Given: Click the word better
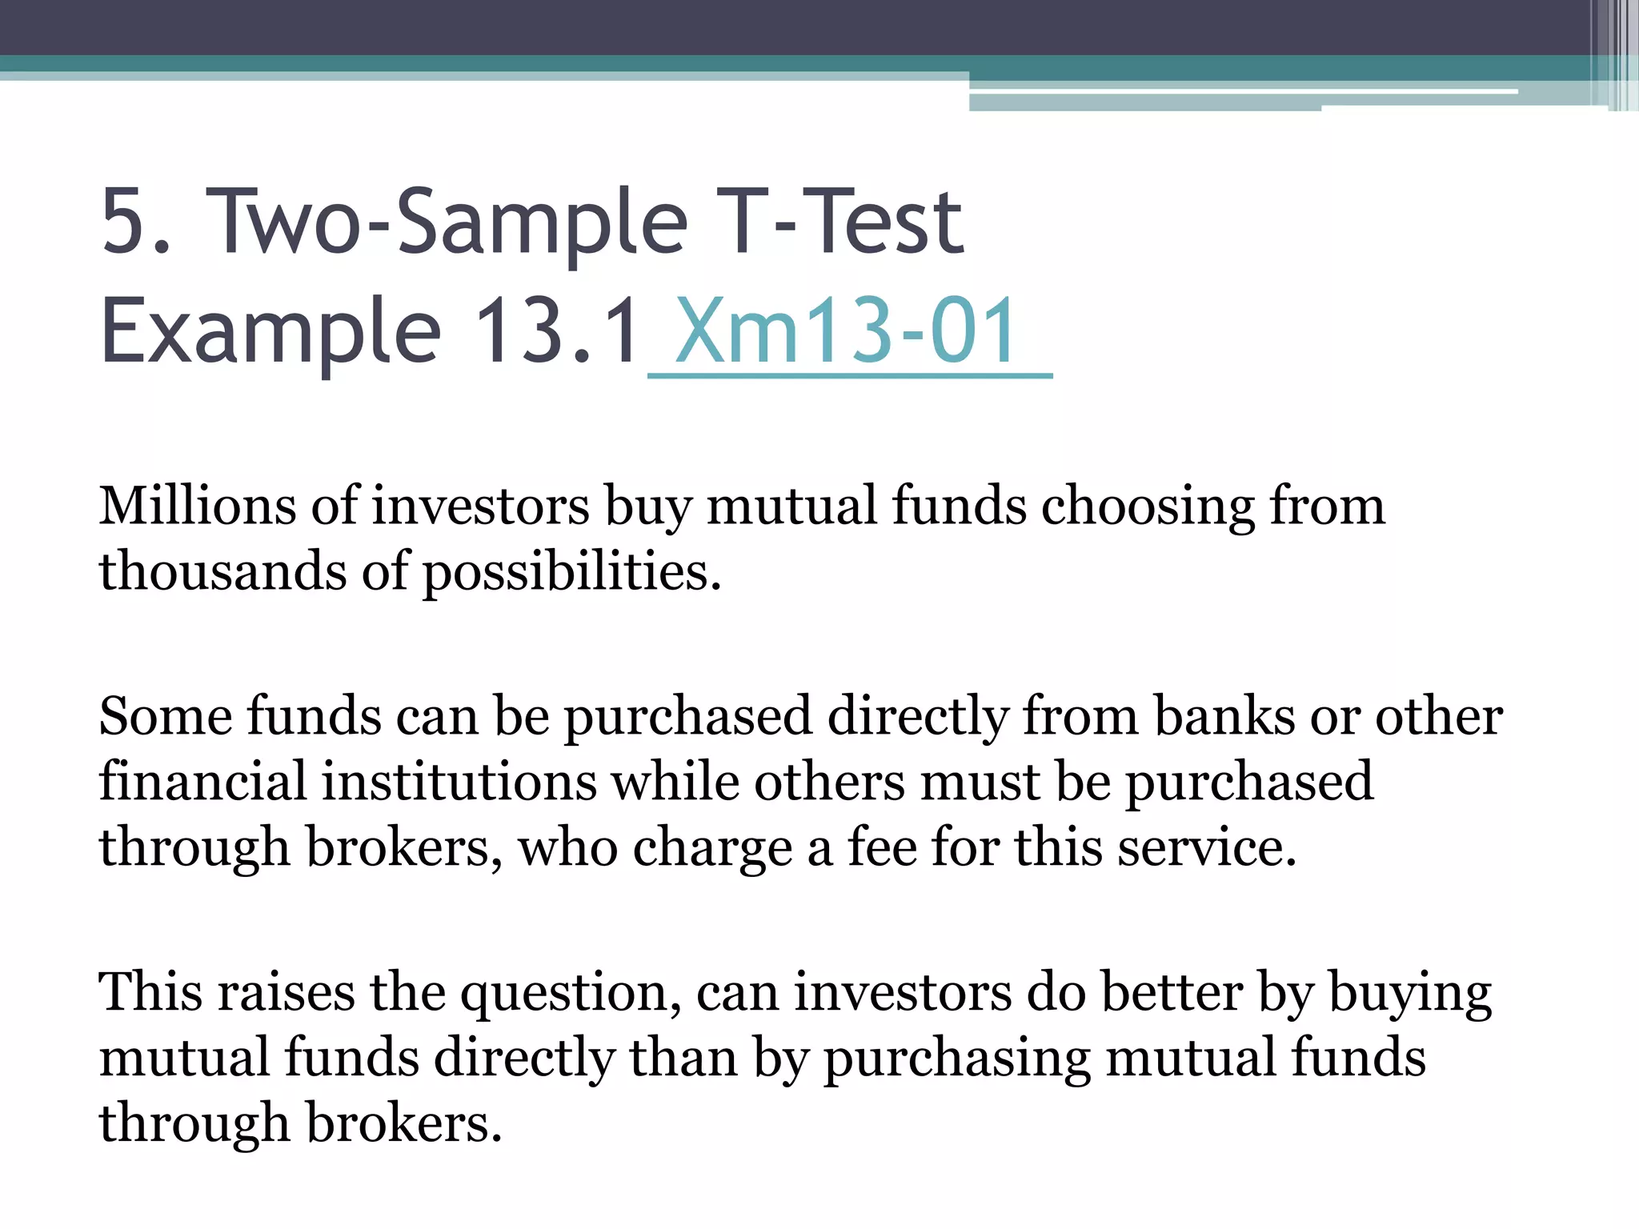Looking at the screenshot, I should point(1172,992).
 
